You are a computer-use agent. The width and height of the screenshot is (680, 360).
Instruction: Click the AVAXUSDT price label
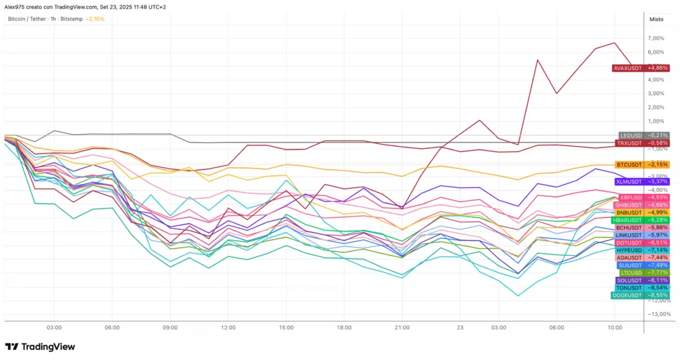[x=640, y=68]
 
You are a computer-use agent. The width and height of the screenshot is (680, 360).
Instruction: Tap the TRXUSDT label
[x=642, y=143]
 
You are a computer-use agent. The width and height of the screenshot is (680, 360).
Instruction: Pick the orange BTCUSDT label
[x=641, y=164]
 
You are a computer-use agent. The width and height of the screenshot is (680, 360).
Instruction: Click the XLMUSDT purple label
[x=641, y=181]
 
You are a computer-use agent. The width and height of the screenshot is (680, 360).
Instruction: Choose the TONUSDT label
[x=641, y=288]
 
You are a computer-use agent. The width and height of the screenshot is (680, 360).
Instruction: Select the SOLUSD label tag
[x=641, y=280]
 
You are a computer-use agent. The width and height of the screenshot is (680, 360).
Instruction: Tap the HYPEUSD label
[x=642, y=250]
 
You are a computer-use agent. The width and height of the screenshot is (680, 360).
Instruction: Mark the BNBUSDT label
[x=641, y=213]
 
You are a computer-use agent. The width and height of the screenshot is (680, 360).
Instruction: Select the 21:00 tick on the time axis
[x=402, y=327]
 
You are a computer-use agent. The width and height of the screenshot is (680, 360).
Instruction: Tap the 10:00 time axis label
[x=614, y=327]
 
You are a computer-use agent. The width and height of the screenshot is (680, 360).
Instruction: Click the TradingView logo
[x=40, y=347]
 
